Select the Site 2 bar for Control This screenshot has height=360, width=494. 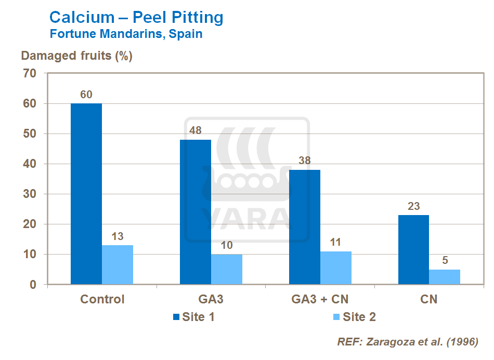point(118,264)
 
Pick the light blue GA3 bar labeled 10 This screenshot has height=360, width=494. point(227,269)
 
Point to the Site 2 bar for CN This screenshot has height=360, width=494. point(445,277)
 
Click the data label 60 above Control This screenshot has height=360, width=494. point(86,95)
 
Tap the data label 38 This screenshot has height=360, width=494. point(305,161)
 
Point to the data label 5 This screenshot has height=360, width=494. point(445,260)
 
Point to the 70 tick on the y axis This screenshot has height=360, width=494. point(30,74)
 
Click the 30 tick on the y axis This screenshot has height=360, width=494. point(30,194)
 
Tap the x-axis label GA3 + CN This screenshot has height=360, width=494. point(320,300)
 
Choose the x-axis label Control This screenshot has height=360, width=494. point(102,300)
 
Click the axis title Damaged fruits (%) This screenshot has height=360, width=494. point(76,56)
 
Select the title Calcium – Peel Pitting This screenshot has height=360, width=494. point(136,18)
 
